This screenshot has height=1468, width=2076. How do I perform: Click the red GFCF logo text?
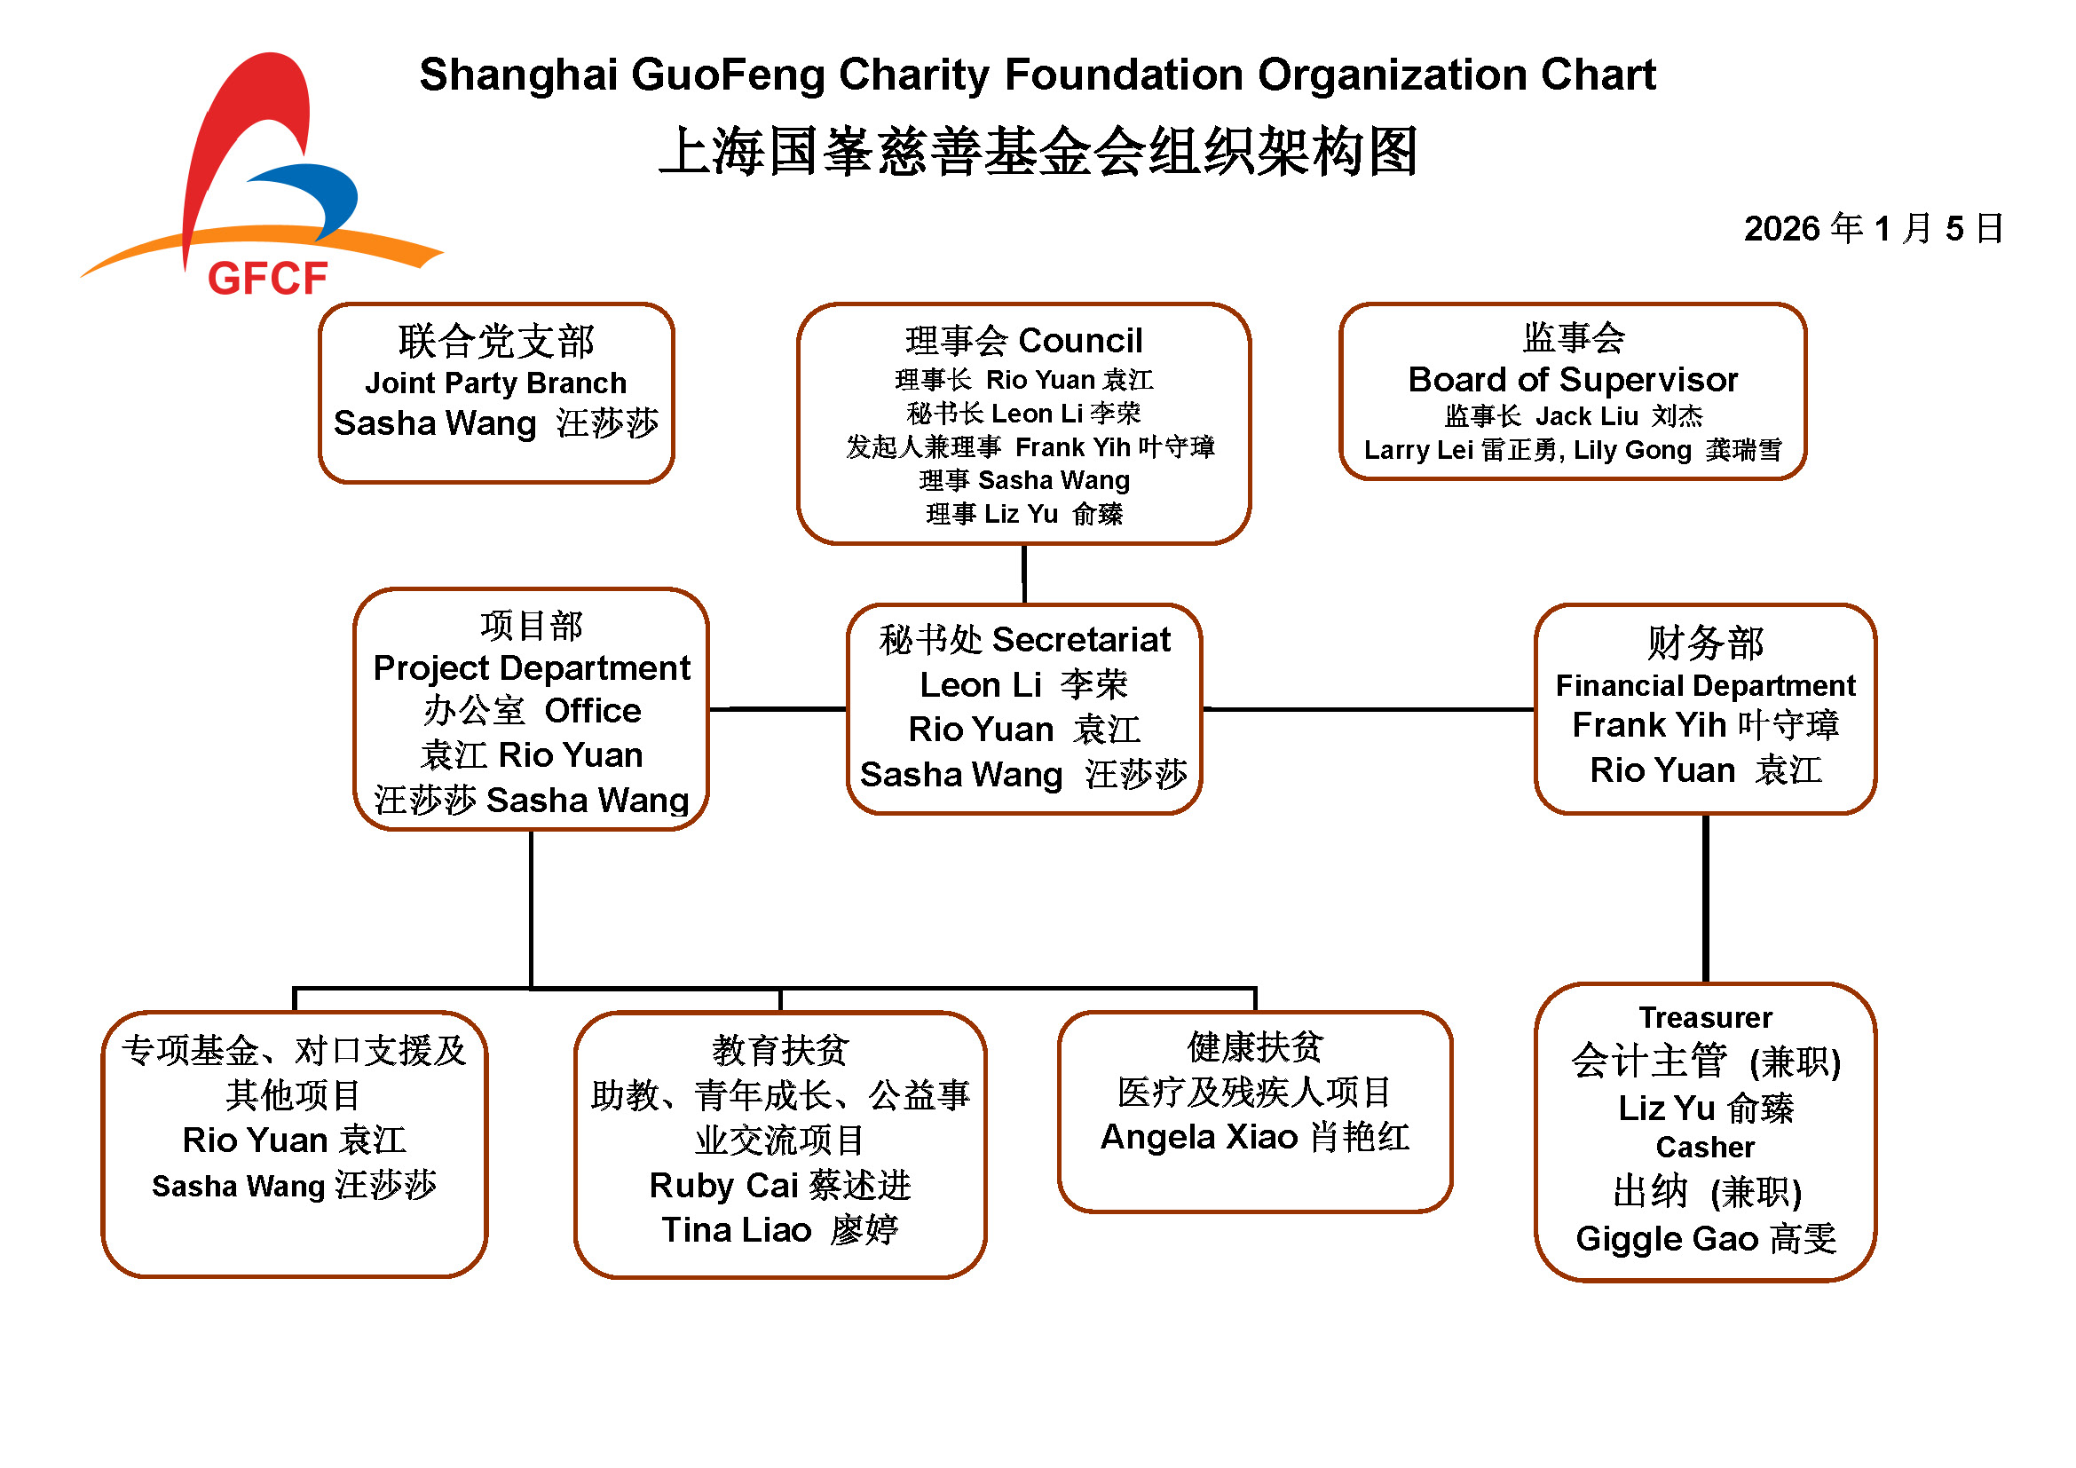[x=268, y=279]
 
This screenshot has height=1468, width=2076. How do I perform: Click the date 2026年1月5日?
[x=1874, y=229]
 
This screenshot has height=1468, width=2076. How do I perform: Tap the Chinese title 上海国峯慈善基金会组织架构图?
[x=1038, y=151]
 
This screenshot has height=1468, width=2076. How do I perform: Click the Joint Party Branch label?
[x=495, y=383]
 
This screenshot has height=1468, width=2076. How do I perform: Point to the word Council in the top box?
[x=1080, y=341]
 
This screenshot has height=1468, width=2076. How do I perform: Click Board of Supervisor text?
[x=1574, y=380]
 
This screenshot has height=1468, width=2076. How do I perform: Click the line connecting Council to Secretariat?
[x=1024, y=575]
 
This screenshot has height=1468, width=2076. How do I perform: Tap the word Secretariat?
[x=1081, y=640]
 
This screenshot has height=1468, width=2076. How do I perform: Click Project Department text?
[x=532, y=669]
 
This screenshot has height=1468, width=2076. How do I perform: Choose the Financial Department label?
[x=1705, y=686]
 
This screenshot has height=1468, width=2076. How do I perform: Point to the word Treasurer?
[x=1705, y=1018]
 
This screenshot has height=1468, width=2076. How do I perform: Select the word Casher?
[x=1705, y=1147]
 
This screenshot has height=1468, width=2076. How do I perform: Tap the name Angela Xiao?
[x=1199, y=1137]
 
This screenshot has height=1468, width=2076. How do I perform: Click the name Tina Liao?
[x=736, y=1230]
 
